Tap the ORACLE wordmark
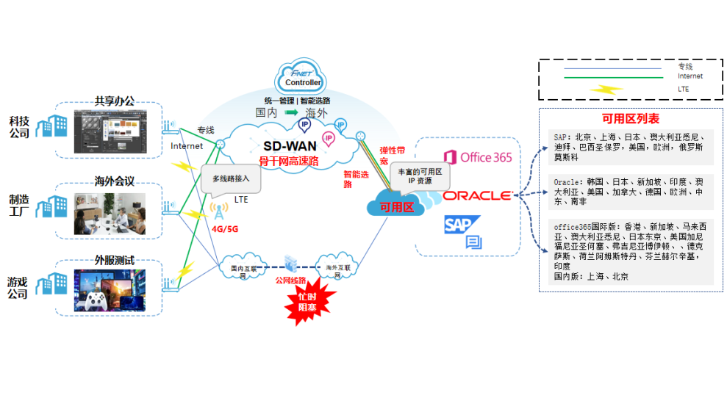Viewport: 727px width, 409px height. click(x=477, y=195)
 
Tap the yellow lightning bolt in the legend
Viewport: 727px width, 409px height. click(x=608, y=89)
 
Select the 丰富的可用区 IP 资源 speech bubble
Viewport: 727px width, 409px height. click(x=419, y=176)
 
